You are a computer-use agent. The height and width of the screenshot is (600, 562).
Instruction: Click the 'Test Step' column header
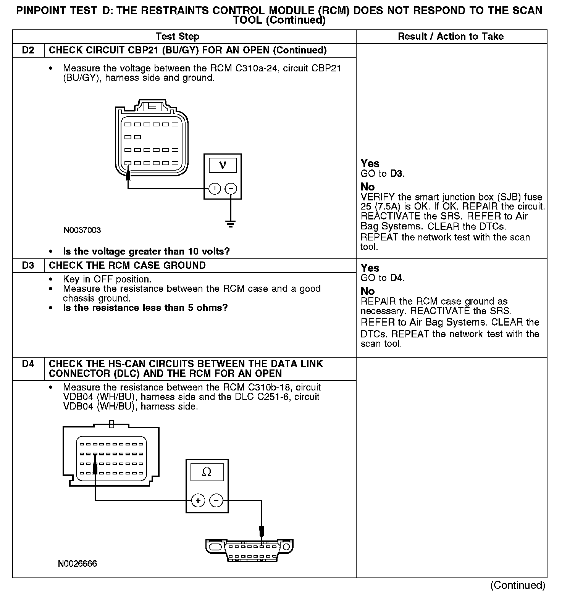point(177,37)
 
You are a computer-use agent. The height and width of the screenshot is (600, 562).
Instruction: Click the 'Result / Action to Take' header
point(451,37)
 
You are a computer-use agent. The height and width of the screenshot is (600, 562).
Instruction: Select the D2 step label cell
point(28,50)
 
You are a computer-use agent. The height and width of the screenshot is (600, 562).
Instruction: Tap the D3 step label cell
point(28,265)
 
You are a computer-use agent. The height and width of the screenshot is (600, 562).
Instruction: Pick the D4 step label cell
point(28,364)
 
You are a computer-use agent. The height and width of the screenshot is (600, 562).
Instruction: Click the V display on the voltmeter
point(223,165)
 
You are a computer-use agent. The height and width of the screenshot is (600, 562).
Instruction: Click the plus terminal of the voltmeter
point(215,189)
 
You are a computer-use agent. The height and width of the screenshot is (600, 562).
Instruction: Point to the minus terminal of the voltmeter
point(231,189)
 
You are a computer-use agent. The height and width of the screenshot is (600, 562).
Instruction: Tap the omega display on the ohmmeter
point(207,473)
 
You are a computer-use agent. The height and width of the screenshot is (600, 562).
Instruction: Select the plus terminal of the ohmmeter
point(198,500)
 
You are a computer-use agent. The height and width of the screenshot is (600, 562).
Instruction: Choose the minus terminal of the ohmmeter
point(216,500)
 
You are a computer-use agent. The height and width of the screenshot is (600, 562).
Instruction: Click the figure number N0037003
point(82,231)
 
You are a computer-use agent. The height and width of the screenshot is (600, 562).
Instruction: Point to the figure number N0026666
point(78,564)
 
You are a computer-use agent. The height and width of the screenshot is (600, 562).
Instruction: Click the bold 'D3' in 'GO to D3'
point(397,174)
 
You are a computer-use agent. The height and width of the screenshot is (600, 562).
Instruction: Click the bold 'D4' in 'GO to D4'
point(397,278)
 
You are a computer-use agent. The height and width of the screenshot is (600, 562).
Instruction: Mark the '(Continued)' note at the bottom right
point(517,585)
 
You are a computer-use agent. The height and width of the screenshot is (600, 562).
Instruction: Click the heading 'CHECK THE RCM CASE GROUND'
point(127,265)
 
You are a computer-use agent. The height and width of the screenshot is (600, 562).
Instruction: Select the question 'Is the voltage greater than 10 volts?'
point(146,252)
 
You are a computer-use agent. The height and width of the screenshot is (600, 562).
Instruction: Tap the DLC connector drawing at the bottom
point(250,550)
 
